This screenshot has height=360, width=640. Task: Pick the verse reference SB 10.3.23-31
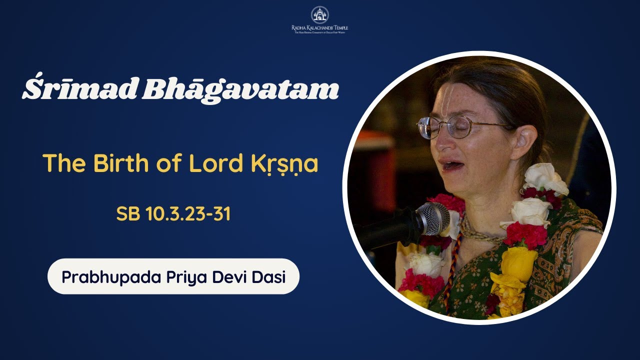pyautogui.click(x=173, y=214)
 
